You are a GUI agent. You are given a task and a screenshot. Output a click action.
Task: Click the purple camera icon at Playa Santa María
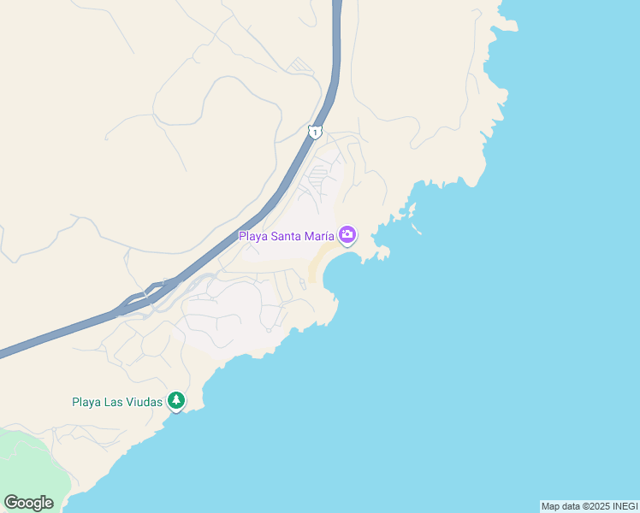(x=347, y=233)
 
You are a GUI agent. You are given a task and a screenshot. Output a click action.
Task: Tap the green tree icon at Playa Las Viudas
(x=176, y=399)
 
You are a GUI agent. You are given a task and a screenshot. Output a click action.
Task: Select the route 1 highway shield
(x=315, y=132)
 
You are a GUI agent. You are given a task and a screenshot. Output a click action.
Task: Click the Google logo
(x=28, y=503)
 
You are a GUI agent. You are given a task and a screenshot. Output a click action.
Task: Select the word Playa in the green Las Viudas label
(x=87, y=401)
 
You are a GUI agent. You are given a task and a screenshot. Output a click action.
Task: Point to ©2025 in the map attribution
(x=596, y=506)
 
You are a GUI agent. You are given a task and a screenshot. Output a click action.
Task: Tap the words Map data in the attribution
(x=561, y=506)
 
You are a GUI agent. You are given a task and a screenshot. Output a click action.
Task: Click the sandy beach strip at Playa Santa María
(x=319, y=261)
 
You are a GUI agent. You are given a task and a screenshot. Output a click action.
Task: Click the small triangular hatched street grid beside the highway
(x=299, y=65)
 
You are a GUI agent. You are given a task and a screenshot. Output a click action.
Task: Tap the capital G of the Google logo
(x=12, y=503)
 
